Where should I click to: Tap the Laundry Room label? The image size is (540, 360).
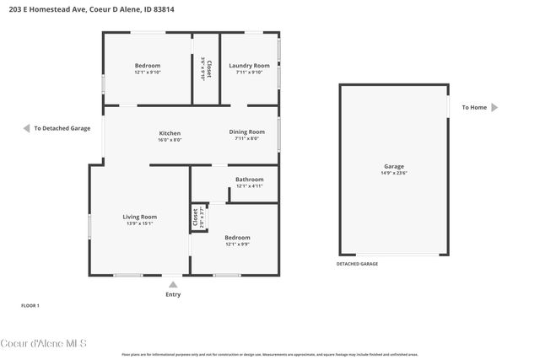click(249, 66)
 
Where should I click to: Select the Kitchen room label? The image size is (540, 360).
click(170, 133)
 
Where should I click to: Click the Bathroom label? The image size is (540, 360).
click(249, 179)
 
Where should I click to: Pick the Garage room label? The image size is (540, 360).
click(393, 166)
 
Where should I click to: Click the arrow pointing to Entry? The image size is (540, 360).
click(173, 285)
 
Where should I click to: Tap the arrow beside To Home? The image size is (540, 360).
click(494, 107)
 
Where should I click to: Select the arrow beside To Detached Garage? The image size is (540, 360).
click(26, 128)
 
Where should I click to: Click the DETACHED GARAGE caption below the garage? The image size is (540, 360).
click(357, 264)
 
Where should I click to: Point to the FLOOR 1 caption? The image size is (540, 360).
click(30, 305)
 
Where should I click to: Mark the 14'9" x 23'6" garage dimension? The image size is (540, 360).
click(393, 174)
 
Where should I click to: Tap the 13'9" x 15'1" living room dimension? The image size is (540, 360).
click(139, 223)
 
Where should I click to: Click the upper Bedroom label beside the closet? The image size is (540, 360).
click(148, 66)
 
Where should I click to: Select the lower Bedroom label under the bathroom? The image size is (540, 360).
click(237, 238)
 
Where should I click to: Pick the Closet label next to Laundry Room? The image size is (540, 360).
click(208, 67)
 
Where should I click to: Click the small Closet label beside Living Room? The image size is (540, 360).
click(195, 217)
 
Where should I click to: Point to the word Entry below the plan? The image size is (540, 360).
click(173, 294)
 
